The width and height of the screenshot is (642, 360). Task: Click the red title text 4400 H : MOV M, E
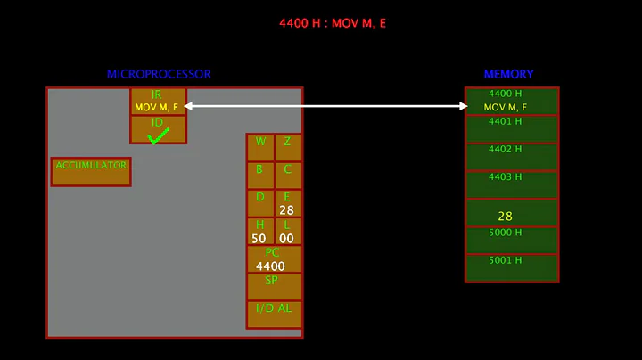tap(333, 23)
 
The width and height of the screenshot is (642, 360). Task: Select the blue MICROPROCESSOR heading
tap(159, 74)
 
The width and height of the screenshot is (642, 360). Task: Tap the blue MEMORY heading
tap(508, 74)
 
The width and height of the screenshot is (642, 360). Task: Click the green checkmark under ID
tap(158, 135)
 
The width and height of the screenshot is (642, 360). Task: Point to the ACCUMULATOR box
tap(91, 172)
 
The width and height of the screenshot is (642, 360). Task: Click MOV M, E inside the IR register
tap(157, 107)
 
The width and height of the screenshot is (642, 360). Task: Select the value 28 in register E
tap(286, 210)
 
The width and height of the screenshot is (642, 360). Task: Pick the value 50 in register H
tap(259, 238)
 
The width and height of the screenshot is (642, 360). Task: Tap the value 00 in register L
tap(286, 238)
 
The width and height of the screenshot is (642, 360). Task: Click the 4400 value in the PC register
tap(271, 266)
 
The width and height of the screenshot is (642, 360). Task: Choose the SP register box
tap(274, 286)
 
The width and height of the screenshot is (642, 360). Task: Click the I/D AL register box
tap(274, 314)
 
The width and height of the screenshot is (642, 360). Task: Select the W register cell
tap(260, 147)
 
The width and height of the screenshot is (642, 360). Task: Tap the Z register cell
tap(287, 147)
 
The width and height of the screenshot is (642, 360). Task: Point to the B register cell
tap(259, 175)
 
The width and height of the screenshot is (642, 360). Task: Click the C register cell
tap(287, 175)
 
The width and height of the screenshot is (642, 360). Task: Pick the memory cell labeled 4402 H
tap(511, 156)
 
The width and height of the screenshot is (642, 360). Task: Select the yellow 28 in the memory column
tap(506, 216)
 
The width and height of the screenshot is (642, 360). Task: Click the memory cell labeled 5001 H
tap(511, 267)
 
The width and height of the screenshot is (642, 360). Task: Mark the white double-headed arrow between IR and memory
tap(325, 106)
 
